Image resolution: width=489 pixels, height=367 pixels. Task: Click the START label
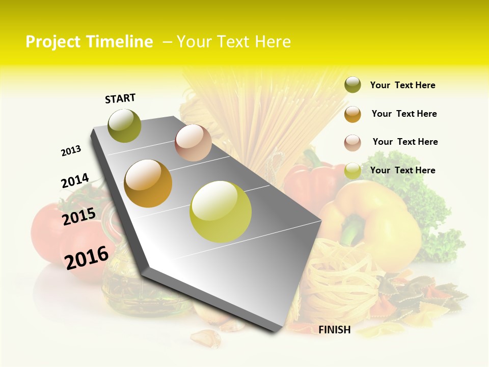click(120, 98)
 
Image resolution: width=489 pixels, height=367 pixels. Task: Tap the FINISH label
click(335, 330)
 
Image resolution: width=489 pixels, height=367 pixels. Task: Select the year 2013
click(71, 151)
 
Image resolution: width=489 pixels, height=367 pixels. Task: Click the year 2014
click(75, 181)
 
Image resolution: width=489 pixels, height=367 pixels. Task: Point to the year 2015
click(79, 216)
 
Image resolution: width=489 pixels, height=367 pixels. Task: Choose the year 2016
click(87, 257)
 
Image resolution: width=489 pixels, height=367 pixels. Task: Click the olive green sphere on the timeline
click(125, 125)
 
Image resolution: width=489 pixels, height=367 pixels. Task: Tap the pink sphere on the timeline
click(193, 143)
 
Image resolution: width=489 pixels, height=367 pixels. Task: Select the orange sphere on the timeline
click(148, 183)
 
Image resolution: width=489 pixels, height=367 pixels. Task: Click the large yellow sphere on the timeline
click(221, 212)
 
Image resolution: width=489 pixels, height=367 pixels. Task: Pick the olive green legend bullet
click(352, 85)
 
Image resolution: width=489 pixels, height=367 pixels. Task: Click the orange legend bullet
click(352, 114)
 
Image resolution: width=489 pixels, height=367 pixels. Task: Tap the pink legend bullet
click(352, 143)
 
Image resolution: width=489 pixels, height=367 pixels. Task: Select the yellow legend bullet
click(352, 171)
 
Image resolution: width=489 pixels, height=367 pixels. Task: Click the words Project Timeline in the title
click(89, 42)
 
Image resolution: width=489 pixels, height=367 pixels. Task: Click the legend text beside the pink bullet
click(405, 142)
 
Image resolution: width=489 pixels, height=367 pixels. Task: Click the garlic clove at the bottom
click(205, 337)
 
